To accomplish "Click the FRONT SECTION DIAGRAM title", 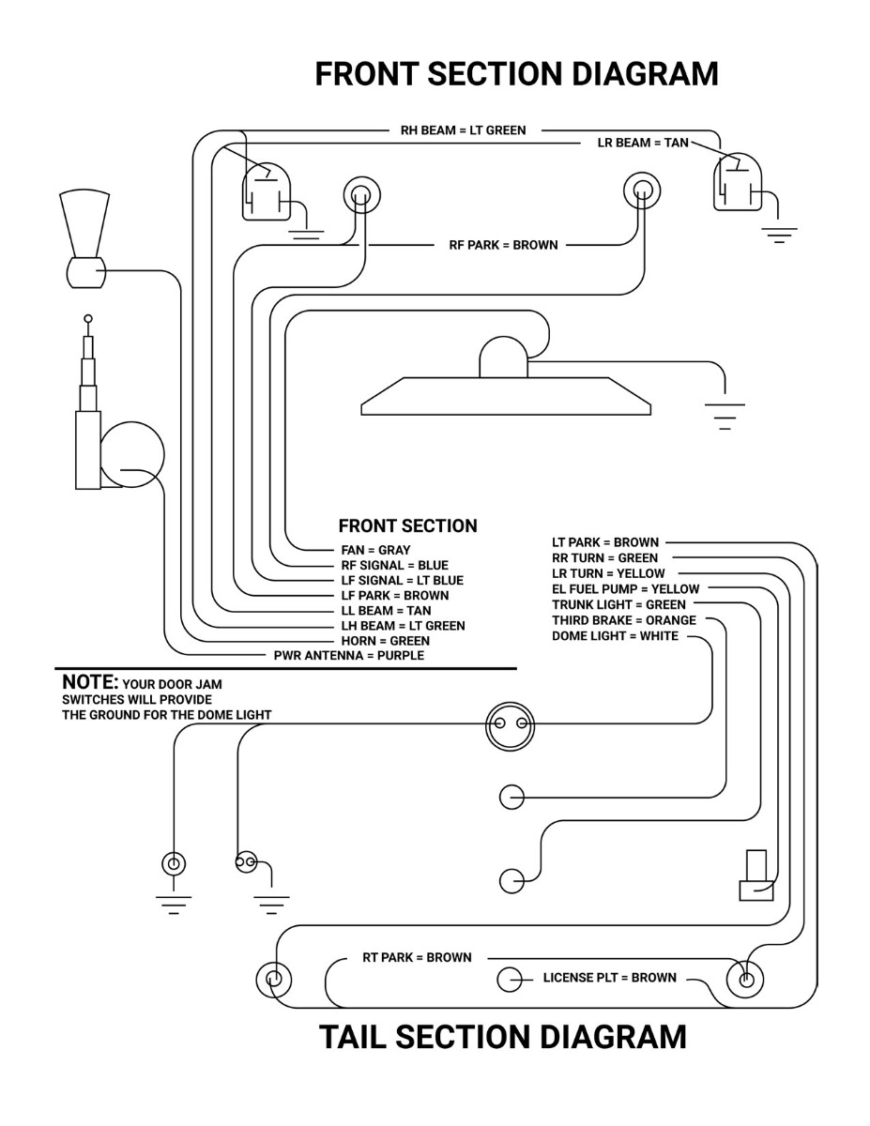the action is (516, 73).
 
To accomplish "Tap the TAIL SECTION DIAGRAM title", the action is (503, 1036).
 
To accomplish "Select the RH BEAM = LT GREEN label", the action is (464, 130).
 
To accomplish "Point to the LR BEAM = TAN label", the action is (643, 143).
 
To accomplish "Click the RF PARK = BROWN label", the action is (503, 245).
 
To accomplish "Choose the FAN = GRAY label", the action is (375, 550).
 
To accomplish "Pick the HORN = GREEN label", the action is (385, 641).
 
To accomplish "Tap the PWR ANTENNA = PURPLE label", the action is (349, 656).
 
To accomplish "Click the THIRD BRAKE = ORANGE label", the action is (624, 620).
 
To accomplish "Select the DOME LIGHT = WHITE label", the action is (615, 636).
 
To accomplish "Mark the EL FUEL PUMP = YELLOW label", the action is (625, 589).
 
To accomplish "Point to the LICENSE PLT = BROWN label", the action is (610, 978).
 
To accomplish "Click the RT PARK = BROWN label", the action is (417, 958).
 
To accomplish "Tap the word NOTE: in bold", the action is (90, 681).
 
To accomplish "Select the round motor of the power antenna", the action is (131, 454).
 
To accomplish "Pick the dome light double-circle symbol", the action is (511, 726).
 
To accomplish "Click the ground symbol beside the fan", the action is (725, 416).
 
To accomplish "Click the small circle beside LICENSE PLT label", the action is (509, 980).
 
